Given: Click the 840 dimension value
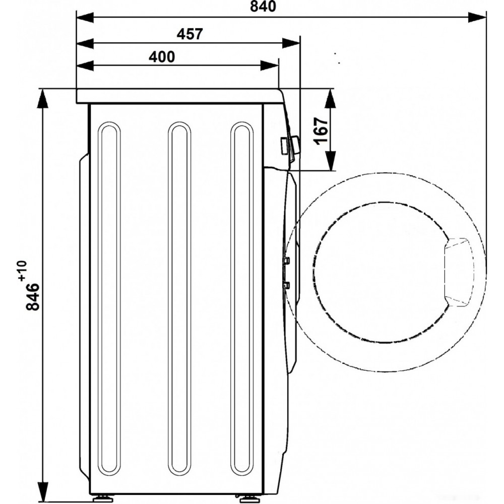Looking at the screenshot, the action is click(263, 7).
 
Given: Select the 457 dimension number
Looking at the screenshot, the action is click(190, 34).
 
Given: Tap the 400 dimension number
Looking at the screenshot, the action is click(162, 57).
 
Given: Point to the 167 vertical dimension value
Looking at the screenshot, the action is click(322, 131).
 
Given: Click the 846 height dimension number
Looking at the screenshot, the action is click(32, 296).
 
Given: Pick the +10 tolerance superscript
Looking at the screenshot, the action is click(23, 271).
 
